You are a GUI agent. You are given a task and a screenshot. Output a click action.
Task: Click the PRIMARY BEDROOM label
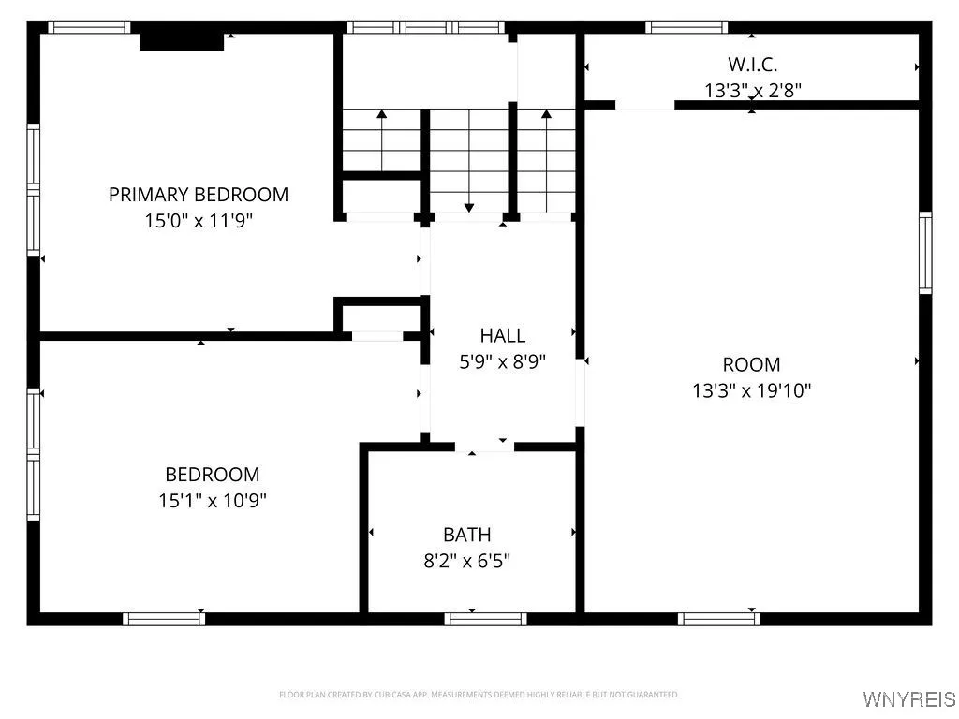[x=199, y=195]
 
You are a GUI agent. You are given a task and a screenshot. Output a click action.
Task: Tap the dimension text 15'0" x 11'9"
[x=199, y=221]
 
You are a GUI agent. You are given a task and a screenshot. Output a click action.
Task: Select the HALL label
[x=503, y=335]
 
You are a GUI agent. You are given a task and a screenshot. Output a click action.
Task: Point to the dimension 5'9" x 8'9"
[x=503, y=360]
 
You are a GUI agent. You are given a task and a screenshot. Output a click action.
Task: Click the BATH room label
[x=466, y=535]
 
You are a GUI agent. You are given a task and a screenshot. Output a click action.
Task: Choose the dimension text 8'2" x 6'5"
[x=466, y=561]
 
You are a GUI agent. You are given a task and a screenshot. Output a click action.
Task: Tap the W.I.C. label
[x=753, y=64]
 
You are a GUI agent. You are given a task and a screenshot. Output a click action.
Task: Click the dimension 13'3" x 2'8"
[x=753, y=90]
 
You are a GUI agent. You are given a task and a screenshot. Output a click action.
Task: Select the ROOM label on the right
[x=751, y=364]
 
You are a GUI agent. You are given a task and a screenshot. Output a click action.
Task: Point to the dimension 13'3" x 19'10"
[x=751, y=390]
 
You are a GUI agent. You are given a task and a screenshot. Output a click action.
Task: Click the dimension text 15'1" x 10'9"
[x=213, y=501]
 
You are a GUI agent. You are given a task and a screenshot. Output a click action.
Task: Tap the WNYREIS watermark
[x=909, y=699]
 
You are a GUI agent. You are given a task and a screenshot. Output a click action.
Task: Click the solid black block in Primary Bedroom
[x=182, y=41]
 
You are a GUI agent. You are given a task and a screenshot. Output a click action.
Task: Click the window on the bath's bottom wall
[x=485, y=618]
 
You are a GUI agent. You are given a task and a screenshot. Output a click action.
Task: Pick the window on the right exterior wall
[x=925, y=253]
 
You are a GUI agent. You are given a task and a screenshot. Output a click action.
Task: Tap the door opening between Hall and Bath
[x=485, y=447]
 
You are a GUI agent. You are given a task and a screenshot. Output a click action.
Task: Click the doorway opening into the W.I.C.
[x=644, y=105]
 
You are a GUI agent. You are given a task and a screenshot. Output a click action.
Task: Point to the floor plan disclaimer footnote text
[x=479, y=695]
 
